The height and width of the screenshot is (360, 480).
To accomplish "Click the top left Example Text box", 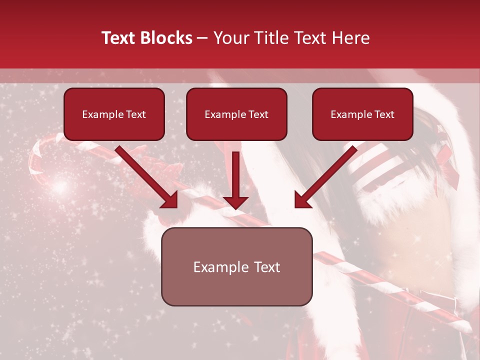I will pos(114,114).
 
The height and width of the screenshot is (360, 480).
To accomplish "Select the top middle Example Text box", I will pos(236,114).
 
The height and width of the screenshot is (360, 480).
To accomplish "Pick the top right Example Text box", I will pos(362,114).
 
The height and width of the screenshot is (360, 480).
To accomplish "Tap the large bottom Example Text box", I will pos(236,266).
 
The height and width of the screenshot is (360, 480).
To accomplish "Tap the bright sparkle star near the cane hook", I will pos(60,187).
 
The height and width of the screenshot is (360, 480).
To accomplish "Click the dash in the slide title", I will pos(202,38).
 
